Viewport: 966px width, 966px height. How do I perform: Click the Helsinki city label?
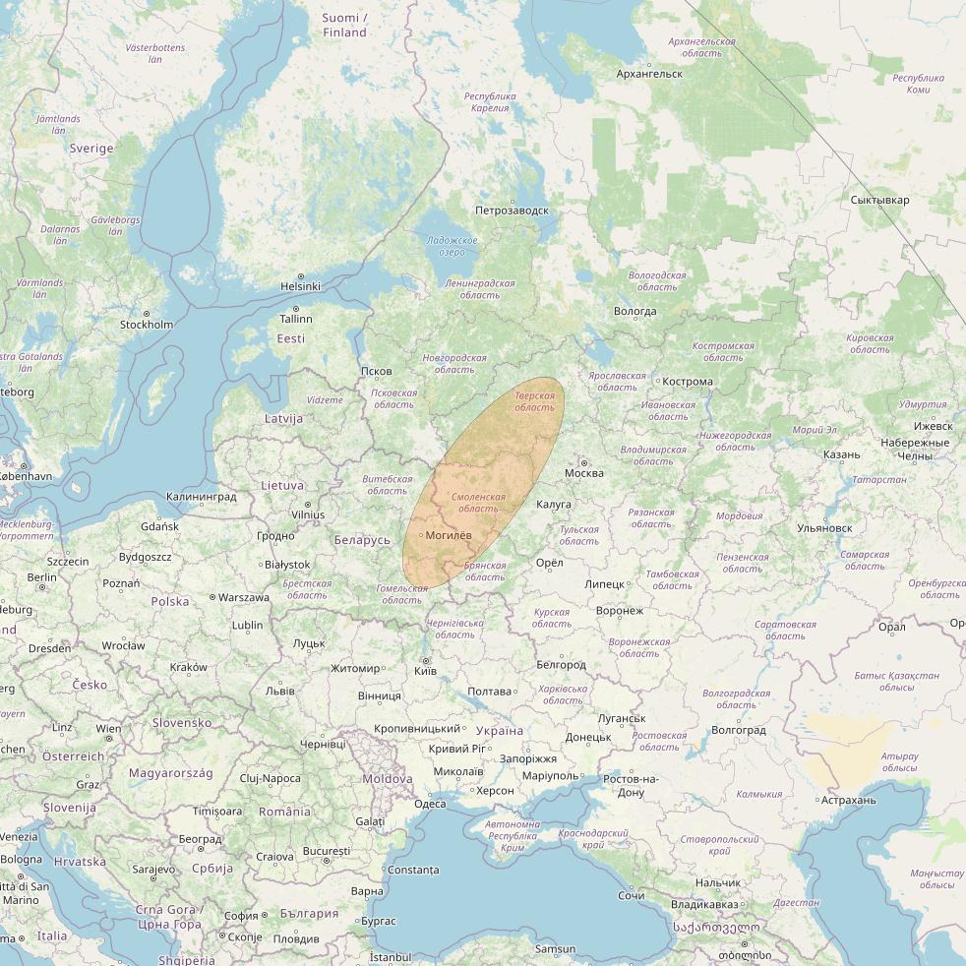(x=300, y=286)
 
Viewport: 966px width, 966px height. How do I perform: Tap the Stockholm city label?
(x=147, y=325)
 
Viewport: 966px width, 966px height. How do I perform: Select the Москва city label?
(x=584, y=473)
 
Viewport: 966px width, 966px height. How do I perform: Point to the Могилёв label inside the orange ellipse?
(x=449, y=535)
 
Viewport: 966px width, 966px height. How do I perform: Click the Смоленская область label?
(x=479, y=503)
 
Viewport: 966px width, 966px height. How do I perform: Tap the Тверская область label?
(x=535, y=401)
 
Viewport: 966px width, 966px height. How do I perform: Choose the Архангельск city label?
(x=649, y=74)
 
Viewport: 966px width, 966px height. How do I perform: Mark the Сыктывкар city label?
(x=879, y=201)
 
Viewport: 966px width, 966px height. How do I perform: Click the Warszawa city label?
(x=243, y=597)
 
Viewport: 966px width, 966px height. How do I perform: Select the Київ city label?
(x=426, y=671)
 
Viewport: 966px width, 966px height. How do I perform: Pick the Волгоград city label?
(x=738, y=731)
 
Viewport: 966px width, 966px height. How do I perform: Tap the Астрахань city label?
(x=849, y=801)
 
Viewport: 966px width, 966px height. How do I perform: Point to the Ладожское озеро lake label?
(x=453, y=246)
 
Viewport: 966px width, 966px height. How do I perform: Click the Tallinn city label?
(x=295, y=319)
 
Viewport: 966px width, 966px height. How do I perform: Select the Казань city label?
(x=841, y=454)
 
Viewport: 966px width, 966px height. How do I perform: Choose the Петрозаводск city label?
(x=512, y=211)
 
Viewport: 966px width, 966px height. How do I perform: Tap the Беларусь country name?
(x=362, y=540)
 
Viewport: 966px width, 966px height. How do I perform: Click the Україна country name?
(x=500, y=731)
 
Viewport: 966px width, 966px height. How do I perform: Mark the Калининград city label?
(x=202, y=497)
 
